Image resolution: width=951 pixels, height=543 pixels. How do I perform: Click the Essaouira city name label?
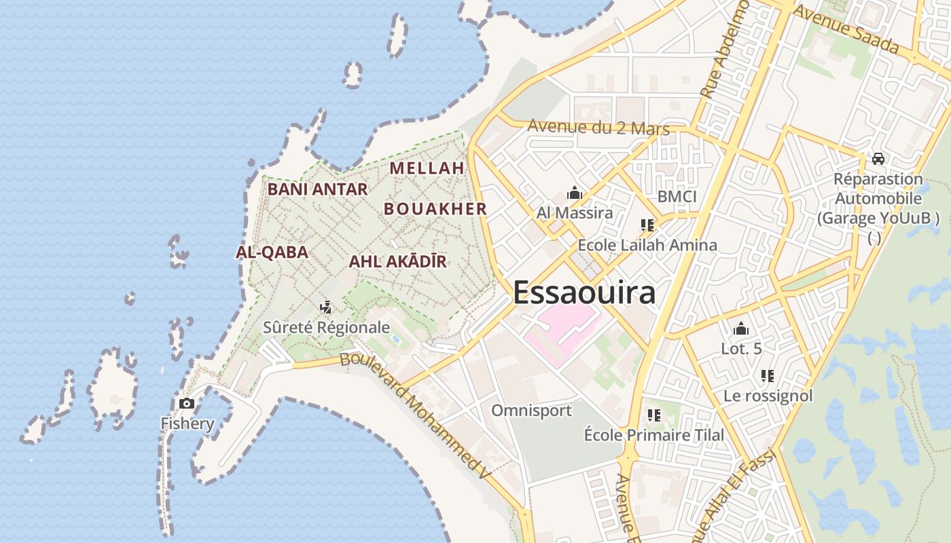coord(584,293)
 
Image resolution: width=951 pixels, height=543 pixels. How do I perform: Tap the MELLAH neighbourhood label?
coord(427,168)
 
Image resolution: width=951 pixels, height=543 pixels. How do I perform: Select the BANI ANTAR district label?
coord(317,189)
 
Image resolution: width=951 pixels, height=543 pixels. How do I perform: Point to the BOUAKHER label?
coord(435,209)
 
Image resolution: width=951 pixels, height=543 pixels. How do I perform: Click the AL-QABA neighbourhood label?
coord(272,252)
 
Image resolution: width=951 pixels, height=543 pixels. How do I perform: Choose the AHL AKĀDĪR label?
coord(397,261)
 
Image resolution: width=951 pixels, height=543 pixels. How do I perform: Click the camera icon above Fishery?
coord(187,404)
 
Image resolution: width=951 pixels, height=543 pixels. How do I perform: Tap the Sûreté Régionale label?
coord(327,328)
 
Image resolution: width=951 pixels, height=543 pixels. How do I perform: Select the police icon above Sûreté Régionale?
coord(326,307)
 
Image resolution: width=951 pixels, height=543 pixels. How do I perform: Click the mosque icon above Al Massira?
coord(575,193)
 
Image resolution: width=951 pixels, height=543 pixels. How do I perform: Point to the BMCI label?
coord(677,197)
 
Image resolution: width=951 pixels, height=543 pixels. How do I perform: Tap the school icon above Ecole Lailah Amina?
coord(647,225)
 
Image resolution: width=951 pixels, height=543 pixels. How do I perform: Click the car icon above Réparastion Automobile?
coord(878,159)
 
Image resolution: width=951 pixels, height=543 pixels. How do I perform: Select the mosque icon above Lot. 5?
coord(741,329)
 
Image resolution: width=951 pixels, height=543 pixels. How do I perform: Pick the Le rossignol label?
coord(768,396)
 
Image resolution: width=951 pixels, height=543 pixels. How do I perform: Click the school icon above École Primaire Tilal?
coord(654,415)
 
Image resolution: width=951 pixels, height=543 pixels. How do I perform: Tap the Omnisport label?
coord(531,411)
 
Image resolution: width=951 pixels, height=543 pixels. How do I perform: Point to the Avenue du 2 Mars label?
coord(598,128)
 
